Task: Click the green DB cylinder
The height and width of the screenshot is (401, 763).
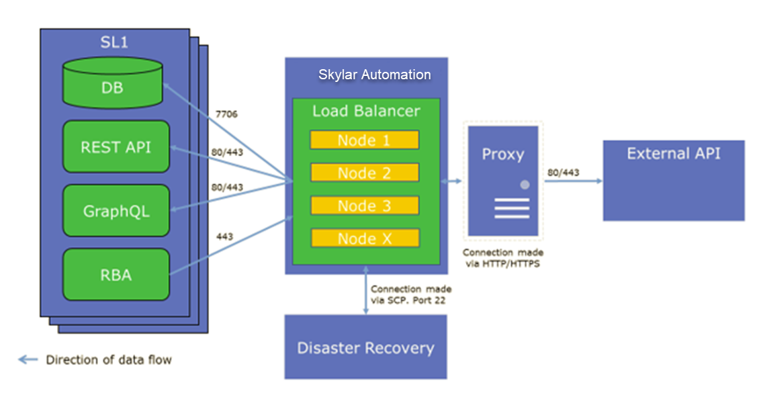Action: tap(112, 84)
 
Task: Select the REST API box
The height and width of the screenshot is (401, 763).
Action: tap(116, 147)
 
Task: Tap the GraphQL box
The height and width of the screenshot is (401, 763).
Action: tap(116, 211)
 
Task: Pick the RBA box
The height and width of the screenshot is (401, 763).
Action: tap(116, 274)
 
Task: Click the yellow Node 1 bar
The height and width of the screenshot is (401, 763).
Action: tap(364, 140)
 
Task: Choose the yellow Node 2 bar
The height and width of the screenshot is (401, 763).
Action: tap(364, 173)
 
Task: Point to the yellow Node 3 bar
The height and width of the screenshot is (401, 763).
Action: tap(364, 206)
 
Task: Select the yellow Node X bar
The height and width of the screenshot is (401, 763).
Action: tap(364, 238)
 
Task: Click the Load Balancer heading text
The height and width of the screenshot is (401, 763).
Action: tap(366, 110)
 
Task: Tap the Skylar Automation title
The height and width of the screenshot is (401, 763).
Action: tap(374, 75)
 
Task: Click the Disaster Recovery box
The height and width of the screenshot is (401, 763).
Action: tap(365, 348)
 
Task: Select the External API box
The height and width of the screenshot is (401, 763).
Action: tap(673, 180)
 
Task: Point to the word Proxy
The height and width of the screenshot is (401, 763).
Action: tap(502, 154)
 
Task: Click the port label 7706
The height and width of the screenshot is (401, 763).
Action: tap(227, 115)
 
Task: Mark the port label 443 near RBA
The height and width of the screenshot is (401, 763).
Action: tap(225, 237)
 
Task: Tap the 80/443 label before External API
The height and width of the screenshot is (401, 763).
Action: tap(563, 173)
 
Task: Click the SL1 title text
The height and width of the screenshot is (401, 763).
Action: tap(114, 43)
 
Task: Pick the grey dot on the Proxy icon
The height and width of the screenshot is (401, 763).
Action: tap(525, 184)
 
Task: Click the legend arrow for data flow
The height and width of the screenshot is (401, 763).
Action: tap(28, 360)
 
